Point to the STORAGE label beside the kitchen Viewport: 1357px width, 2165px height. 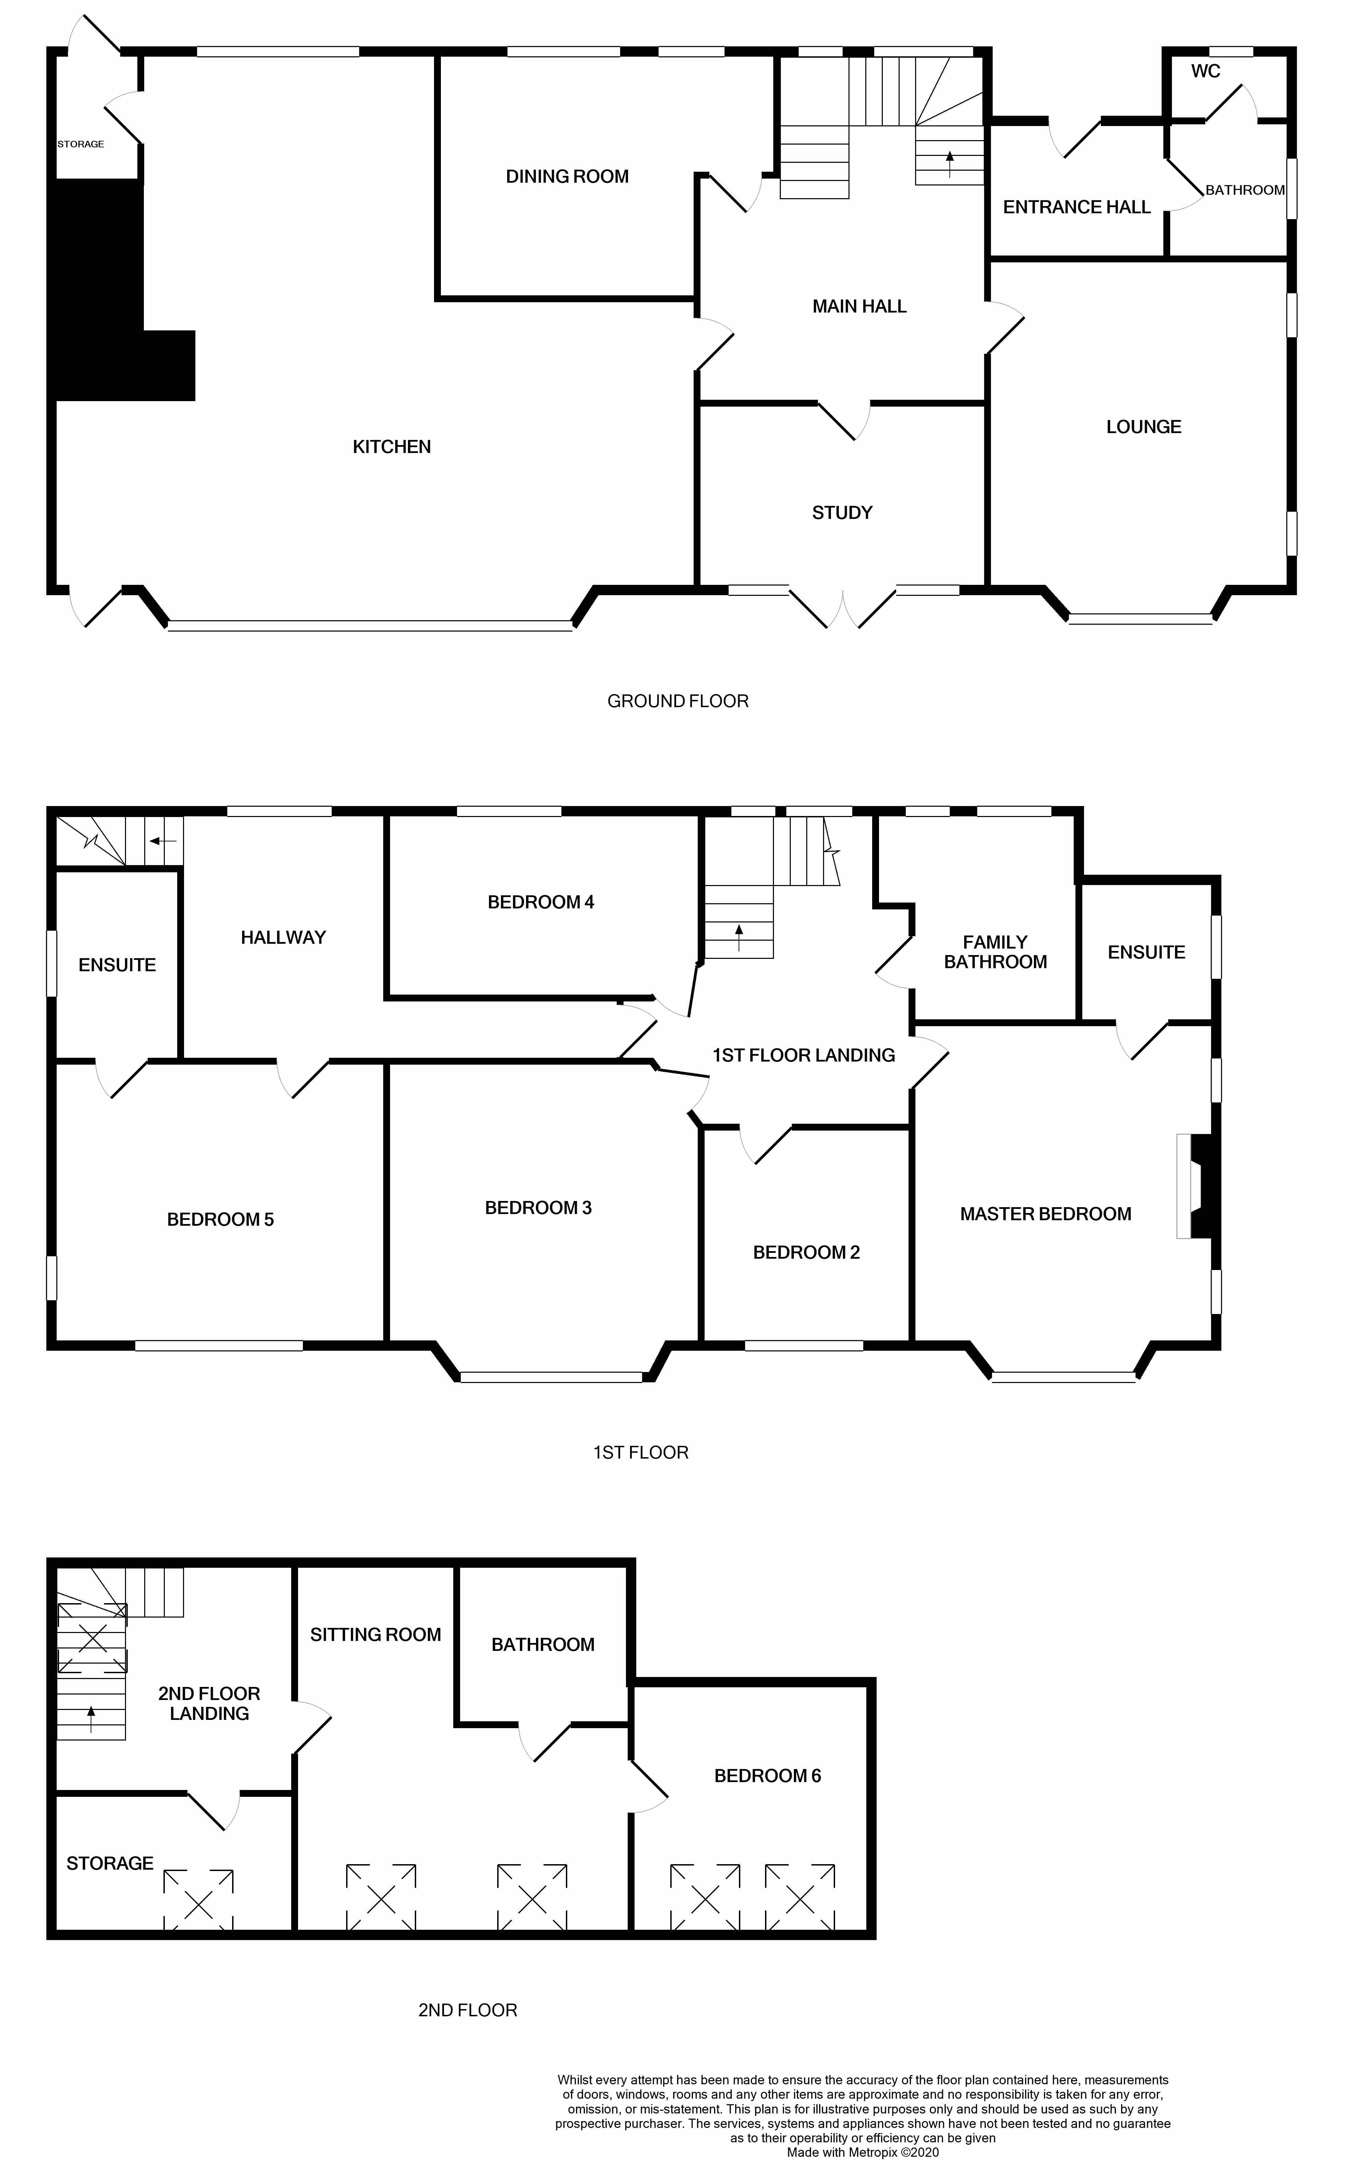pyautogui.click(x=81, y=144)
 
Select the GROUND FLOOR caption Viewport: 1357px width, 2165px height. pyautogui.click(x=677, y=701)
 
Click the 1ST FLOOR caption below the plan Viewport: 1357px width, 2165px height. pyautogui.click(x=641, y=1452)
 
